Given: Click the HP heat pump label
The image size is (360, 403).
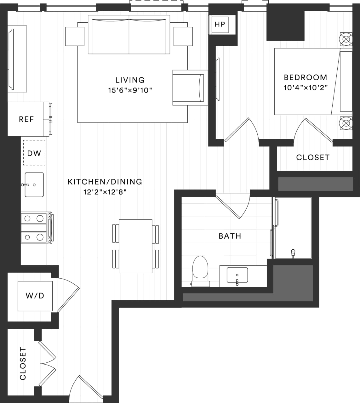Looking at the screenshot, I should pyautogui.click(x=220, y=24).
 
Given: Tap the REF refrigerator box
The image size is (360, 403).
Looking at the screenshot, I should pyautogui.click(x=26, y=119).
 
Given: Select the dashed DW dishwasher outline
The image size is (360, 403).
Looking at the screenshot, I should pyautogui.click(x=34, y=153).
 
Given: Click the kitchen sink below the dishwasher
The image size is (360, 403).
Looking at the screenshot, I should pyautogui.click(x=34, y=184).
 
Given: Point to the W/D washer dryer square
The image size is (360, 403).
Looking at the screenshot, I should pyautogui.click(x=35, y=296).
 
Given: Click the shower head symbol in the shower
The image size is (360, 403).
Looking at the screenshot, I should pyautogui.click(x=293, y=252).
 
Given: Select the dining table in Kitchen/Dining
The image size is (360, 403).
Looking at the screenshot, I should pyautogui.click(x=135, y=246).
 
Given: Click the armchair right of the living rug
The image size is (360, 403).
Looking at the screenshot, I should pyautogui.click(x=189, y=88).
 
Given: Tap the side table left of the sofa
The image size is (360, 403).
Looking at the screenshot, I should pyautogui.click(x=75, y=36).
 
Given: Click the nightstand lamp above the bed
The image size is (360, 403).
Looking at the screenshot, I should pyautogui.click(x=346, y=39).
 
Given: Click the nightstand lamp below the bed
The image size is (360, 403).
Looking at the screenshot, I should pyautogui.click(x=346, y=123).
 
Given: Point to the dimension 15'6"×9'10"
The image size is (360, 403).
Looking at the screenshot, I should pyautogui.click(x=130, y=91).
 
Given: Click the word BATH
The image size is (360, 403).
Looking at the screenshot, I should pyautogui.click(x=230, y=236).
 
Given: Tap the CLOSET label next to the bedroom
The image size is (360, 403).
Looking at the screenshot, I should pyautogui.click(x=313, y=157).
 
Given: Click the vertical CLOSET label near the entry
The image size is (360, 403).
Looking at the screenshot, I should pyautogui.click(x=23, y=364).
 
